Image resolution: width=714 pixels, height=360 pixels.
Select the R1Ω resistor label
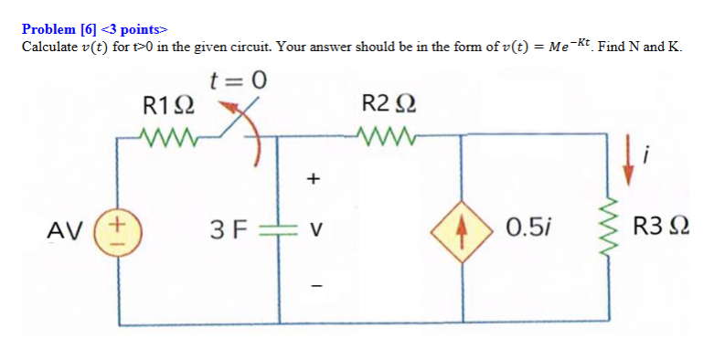coord(168,104)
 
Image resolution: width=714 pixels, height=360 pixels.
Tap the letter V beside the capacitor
coord(314,228)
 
